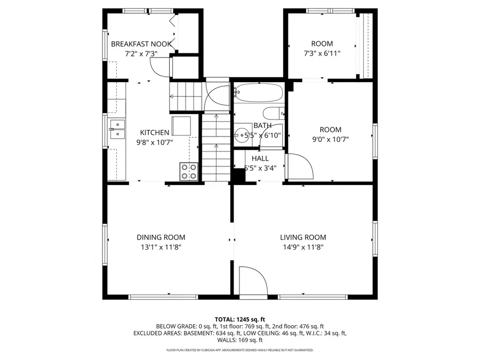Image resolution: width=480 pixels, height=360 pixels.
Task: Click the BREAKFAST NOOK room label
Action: coord(141,44)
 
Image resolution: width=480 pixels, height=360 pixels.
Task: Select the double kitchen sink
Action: coord(117,129)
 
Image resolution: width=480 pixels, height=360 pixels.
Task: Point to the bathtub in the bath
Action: coord(259,93)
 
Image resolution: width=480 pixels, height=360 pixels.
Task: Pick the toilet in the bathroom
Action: coord(274,113)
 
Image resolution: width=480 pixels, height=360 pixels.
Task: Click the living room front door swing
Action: coord(252,281)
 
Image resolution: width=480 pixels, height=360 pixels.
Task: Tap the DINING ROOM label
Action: coord(161,237)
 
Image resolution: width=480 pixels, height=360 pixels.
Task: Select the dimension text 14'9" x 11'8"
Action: coord(303,247)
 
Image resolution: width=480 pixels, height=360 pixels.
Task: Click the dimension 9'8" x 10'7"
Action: coord(155,142)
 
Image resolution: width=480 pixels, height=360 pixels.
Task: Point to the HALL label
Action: coord(260,158)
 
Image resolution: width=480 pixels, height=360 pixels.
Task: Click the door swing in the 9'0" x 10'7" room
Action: coord(299,166)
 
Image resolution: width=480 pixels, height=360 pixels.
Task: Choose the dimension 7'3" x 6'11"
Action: coord(322,53)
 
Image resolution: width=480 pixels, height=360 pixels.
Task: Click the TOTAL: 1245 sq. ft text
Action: coord(239,319)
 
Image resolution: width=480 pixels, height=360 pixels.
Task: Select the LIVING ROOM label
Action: coord(303,237)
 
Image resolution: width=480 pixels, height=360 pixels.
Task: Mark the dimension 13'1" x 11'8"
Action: coord(161,247)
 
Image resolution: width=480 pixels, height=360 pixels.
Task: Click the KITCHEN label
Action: coord(155,133)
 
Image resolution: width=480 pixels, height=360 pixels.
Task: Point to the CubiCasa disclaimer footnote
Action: coord(239,350)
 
